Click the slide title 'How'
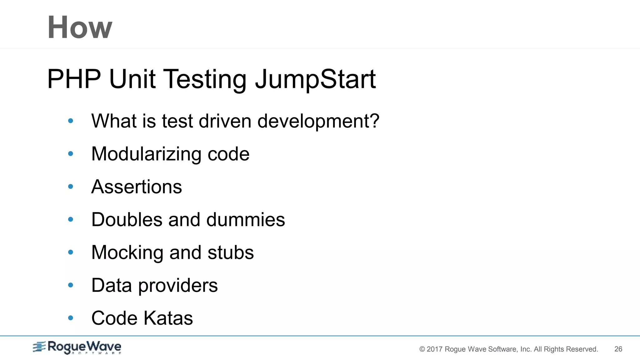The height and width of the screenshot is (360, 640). [x=80, y=27]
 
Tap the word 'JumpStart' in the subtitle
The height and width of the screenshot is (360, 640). [x=316, y=79]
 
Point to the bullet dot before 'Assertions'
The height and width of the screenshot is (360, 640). [x=71, y=187]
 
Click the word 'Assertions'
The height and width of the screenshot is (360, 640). [x=137, y=187]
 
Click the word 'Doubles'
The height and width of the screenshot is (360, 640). [x=127, y=219]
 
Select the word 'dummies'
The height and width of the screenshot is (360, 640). [x=246, y=219]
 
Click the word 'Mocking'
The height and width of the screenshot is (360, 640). [x=127, y=252]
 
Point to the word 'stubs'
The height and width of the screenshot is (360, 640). [x=231, y=252]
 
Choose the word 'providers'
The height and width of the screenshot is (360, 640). [x=178, y=286]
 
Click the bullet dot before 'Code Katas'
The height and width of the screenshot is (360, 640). [x=71, y=318]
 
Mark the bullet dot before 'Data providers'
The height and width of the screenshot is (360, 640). [x=71, y=285]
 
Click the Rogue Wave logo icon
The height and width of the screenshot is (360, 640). [x=39, y=347]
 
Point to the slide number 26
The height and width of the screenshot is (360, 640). [x=618, y=349]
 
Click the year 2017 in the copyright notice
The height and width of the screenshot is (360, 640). [x=434, y=349]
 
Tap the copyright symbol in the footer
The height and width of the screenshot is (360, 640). [x=422, y=349]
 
